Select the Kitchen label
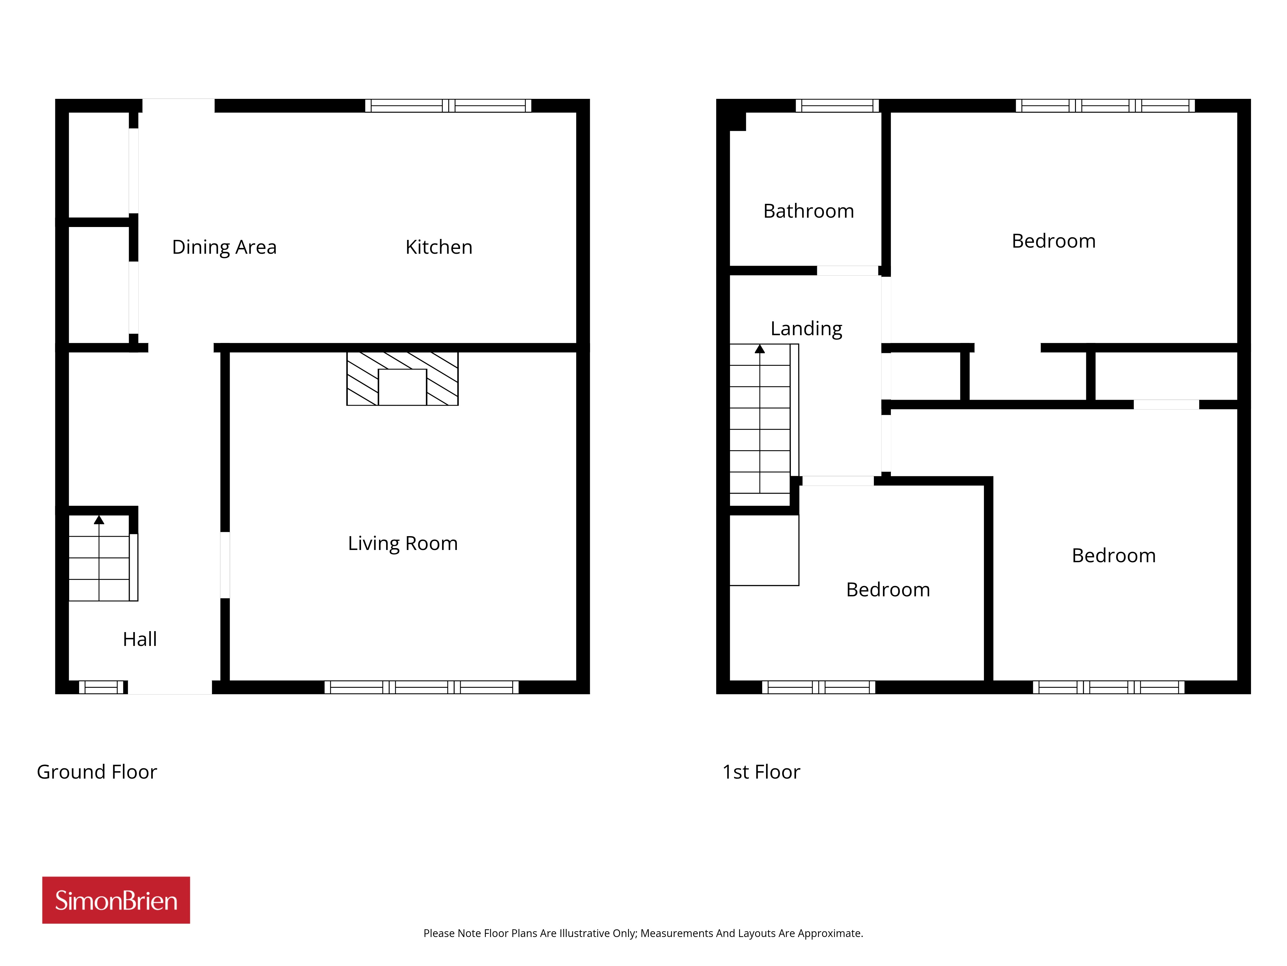[x=439, y=247]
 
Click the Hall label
[x=140, y=639]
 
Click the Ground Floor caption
[x=97, y=772]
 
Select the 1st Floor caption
[x=761, y=772]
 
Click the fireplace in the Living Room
[x=403, y=378]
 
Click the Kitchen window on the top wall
[x=448, y=105]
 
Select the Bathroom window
[x=837, y=105]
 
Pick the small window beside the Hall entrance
[x=101, y=687]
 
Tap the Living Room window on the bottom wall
[x=421, y=687]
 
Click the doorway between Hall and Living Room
[x=225, y=565]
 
